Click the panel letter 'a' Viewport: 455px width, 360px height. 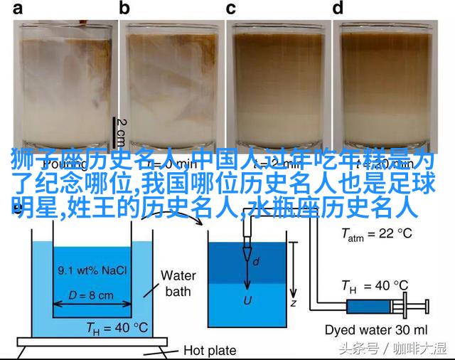coord(16,9)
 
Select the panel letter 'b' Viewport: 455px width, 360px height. coord(125,9)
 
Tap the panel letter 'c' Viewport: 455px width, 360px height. coord(231,9)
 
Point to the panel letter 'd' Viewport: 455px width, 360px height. coord(338,9)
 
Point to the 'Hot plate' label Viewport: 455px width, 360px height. coord(209,349)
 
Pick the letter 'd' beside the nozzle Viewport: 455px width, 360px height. coord(256,262)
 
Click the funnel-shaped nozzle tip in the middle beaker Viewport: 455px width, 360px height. coord(247,253)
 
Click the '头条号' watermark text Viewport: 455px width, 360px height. coord(354,349)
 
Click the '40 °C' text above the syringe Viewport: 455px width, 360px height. coord(384,287)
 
